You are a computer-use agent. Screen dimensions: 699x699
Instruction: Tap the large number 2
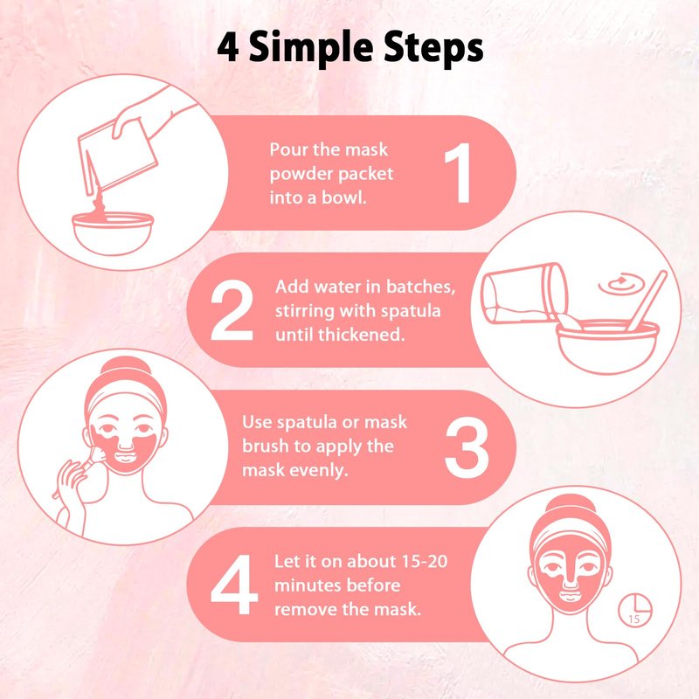[232, 310]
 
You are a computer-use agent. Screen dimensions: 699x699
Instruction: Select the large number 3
[467, 448]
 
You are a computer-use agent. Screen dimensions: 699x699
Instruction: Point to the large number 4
[234, 585]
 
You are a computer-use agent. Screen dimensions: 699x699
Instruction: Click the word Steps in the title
[433, 48]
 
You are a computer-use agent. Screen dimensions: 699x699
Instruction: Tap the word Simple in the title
[311, 48]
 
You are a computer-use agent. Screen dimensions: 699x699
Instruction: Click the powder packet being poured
[117, 158]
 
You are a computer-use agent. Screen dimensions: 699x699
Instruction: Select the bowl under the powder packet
[113, 233]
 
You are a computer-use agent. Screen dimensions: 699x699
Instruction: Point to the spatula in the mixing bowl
[647, 301]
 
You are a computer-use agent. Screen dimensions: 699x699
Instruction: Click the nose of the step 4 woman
[571, 576]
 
